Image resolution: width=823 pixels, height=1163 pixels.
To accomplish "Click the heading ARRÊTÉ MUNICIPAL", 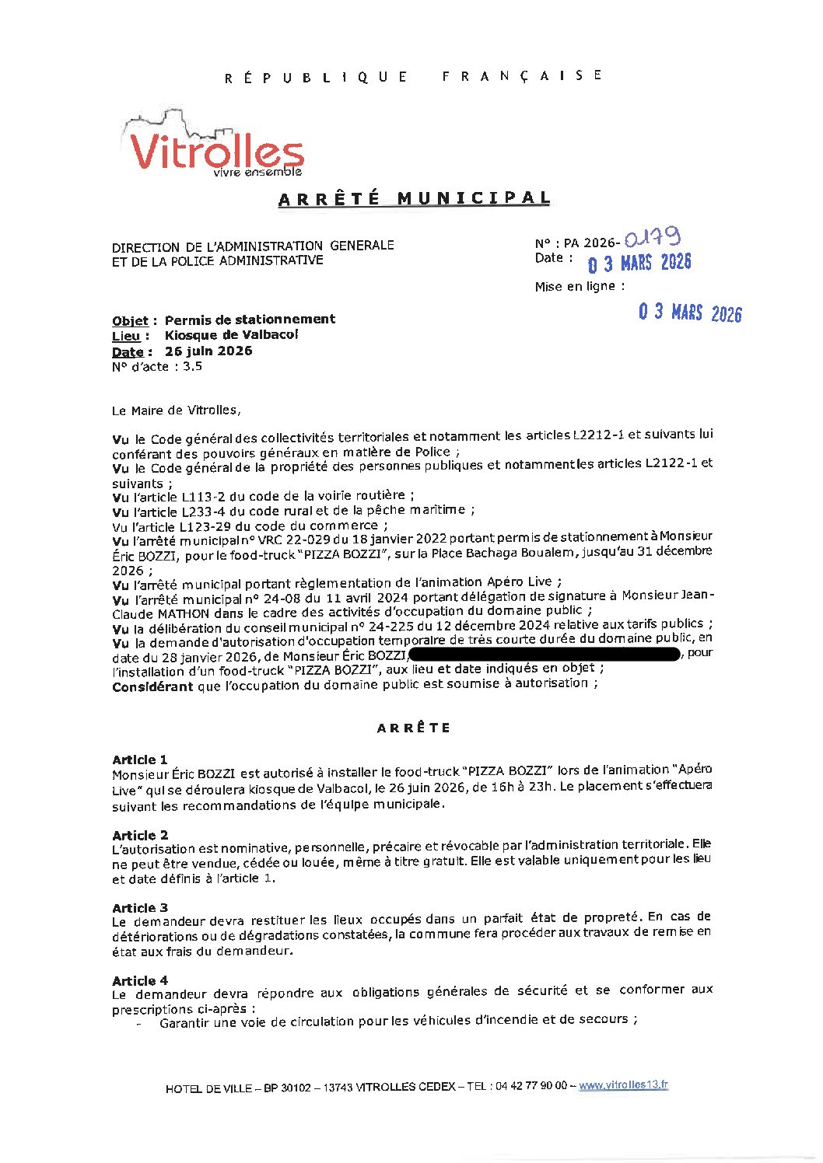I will (x=414, y=199).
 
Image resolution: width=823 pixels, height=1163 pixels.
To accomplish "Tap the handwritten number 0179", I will (x=653, y=238).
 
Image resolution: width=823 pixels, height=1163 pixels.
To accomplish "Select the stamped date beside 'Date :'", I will (x=639, y=263).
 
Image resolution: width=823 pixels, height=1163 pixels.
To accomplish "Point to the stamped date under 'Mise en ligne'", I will (x=690, y=313).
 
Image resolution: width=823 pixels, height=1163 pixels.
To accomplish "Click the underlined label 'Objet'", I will (x=130, y=321).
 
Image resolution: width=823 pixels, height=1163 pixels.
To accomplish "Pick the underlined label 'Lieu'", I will (x=126, y=337).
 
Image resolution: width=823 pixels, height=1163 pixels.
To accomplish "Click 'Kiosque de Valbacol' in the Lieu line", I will (x=231, y=335).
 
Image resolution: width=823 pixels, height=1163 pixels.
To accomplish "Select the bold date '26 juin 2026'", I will (x=208, y=351).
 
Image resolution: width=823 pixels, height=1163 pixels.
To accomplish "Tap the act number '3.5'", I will (x=192, y=367).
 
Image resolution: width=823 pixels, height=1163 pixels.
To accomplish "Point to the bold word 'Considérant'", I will (x=152, y=687).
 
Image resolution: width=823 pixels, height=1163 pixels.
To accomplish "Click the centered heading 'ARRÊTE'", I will (x=414, y=728).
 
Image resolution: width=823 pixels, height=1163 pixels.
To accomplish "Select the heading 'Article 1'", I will (x=140, y=760).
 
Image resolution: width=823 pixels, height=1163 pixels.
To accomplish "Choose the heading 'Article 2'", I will (x=140, y=835).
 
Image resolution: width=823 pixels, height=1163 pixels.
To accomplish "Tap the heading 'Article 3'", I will (x=140, y=908).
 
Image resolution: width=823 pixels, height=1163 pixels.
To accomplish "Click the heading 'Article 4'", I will (x=140, y=980).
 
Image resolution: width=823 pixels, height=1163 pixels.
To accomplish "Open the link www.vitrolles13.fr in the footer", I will (x=623, y=1085).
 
